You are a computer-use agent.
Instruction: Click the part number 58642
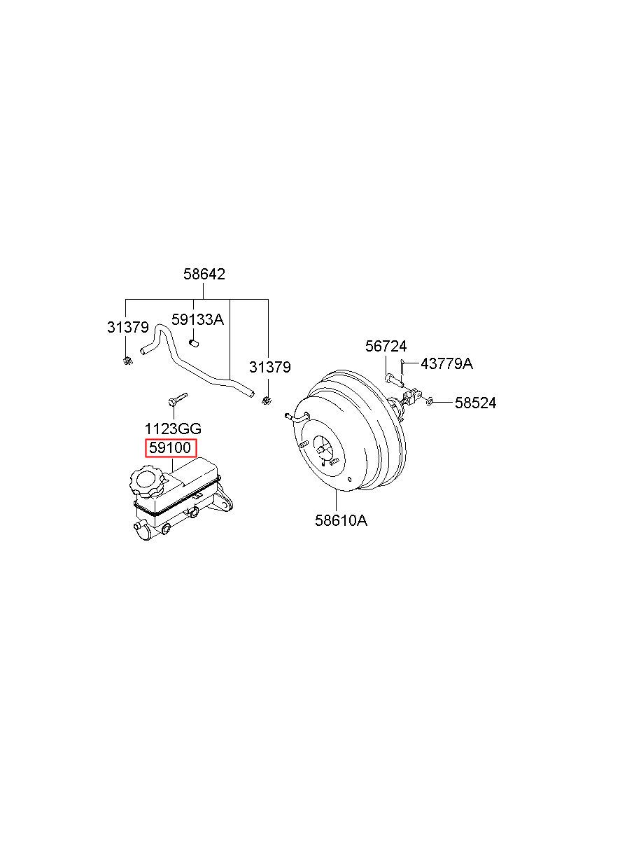204,274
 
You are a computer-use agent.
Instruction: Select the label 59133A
197,319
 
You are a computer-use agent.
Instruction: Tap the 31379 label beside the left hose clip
128,327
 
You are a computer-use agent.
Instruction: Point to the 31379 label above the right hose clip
269,367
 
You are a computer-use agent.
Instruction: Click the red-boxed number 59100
170,448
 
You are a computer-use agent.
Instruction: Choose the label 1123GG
173,429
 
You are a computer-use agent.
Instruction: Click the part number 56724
386,346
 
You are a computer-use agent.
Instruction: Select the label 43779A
446,364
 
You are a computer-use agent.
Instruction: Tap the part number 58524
476,403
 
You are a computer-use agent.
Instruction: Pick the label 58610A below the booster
341,520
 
